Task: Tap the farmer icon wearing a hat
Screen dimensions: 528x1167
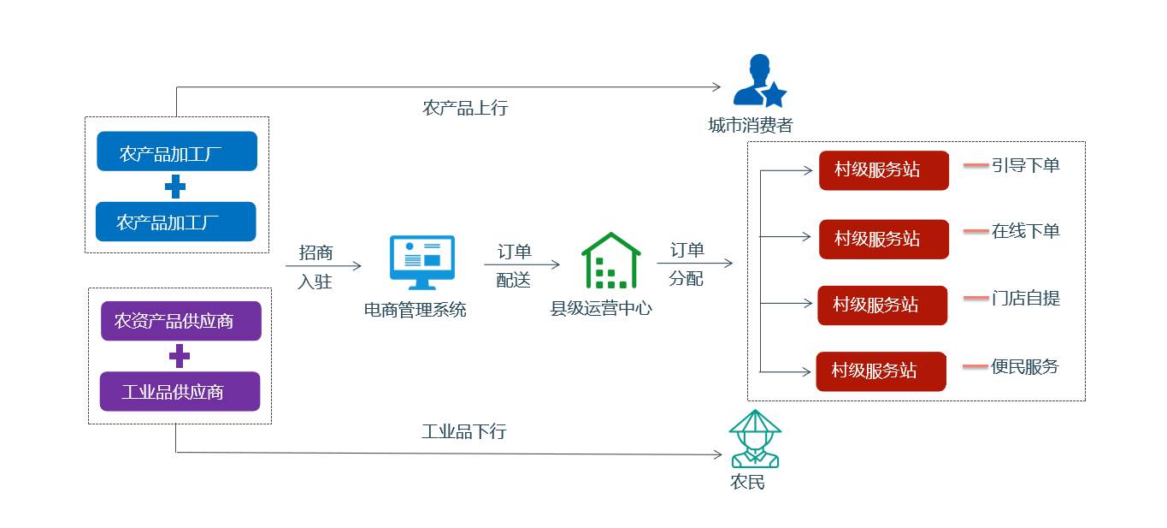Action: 755,438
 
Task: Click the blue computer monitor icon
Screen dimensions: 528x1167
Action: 422,263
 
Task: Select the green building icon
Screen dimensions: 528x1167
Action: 610,260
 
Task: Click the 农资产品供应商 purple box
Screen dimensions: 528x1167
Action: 180,321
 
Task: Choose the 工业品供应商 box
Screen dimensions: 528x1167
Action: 180,391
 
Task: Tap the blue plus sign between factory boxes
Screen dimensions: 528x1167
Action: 175,186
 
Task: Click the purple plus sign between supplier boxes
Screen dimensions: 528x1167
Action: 180,356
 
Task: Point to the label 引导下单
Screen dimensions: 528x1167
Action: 1025,165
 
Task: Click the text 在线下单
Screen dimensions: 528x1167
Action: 1025,231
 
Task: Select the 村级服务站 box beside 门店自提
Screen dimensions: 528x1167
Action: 882,305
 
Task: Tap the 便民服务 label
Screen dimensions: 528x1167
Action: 1025,367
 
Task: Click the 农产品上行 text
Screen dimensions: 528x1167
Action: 465,108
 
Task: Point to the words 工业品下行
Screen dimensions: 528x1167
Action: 463,431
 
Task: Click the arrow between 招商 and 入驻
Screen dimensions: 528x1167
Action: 323,266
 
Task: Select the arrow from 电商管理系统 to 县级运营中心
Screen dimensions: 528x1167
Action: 528,265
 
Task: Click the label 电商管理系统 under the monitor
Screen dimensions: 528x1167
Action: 416,310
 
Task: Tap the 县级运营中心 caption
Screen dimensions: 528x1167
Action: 601,309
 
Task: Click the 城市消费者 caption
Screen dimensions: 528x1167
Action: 751,126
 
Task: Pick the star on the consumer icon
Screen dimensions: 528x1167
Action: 774,94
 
